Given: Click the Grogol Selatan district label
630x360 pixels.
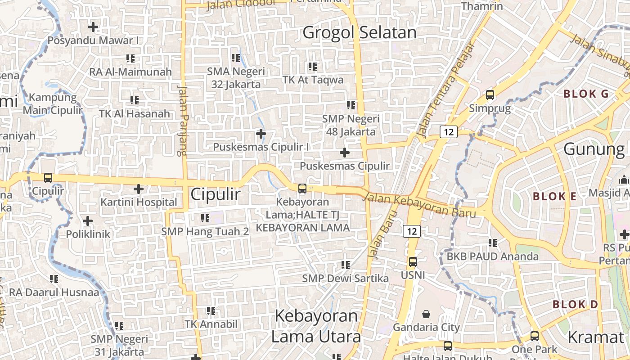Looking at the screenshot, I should tap(359, 33).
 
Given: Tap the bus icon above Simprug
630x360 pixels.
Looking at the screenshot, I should tap(490, 95).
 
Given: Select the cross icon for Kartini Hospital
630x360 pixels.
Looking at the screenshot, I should tap(139, 189).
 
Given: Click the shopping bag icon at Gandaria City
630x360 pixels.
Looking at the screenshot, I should tap(426, 314).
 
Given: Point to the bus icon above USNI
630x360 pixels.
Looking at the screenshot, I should tap(413, 261).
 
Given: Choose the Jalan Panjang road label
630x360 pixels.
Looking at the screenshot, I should tap(182, 119).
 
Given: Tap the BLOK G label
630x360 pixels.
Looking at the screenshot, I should tap(586, 94).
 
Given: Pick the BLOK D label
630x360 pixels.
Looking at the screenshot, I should tap(575, 305).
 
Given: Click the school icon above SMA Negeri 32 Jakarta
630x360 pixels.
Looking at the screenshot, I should tap(235, 58).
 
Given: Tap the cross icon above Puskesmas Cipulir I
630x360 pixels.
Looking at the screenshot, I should tap(261, 134).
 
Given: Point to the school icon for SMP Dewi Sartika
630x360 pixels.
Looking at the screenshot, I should tap(345, 265).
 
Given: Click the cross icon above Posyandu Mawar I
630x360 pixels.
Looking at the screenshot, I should tap(93, 27).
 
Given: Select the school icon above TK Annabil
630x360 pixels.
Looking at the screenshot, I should tap(211, 310).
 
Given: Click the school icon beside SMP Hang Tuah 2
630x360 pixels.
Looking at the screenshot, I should tap(205, 218).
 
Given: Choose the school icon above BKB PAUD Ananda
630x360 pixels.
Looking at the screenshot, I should tap(493, 243).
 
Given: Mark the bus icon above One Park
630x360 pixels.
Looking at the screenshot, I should tap(534, 336).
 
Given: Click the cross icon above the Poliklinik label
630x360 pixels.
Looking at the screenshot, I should tap(88, 221).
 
